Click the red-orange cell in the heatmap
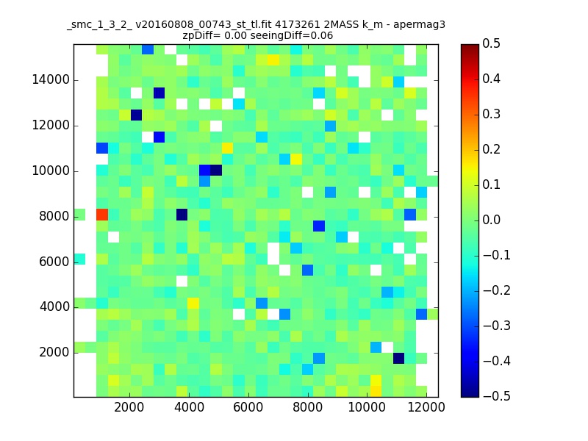coord(102,215)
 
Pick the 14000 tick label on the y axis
coord(51,80)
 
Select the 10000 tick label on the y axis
coord(51,171)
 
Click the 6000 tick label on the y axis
coord(54,262)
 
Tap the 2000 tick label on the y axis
coord(54,353)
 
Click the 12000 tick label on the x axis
coord(426,407)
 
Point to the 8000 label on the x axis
coord(307,407)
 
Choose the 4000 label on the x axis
coord(189,407)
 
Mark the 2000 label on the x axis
coord(129,407)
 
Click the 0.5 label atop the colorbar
coord(491,44)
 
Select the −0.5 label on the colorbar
coord(497,396)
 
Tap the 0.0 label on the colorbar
coord(491,220)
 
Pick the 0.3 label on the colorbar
coord(491,115)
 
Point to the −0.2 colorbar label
coord(497,290)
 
